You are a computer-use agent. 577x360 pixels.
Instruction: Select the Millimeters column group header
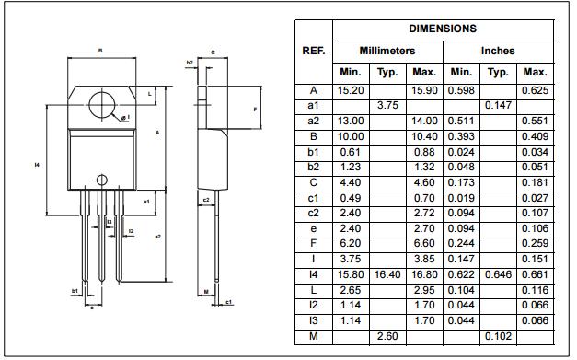pos(387,51)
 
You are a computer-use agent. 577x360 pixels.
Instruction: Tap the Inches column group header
pos(498,51)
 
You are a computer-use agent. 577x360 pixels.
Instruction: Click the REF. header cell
pos(313,51)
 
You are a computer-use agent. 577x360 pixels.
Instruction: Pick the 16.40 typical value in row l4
pos(387,274)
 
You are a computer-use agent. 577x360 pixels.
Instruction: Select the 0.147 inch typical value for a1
pos(498,106)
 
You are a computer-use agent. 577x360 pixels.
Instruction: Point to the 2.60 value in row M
pos(387,336)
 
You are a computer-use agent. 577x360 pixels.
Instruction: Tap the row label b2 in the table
pos(313,168)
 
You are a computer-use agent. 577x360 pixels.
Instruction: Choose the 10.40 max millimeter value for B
pos(424,136)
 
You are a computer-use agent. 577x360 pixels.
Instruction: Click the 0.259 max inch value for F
pos(535,244)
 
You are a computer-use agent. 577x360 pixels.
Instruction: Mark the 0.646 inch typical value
pos(498,274)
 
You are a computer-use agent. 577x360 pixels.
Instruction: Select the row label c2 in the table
pos(313,214)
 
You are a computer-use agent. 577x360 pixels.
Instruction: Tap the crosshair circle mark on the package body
pos(100,177)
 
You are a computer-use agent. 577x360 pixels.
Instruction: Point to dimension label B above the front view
pos(100,51)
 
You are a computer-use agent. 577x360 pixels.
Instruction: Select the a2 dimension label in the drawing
pos(157,237)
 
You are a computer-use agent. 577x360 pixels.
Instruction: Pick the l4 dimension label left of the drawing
pos(36,165)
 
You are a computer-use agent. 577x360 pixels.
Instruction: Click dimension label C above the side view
pos(213,52)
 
